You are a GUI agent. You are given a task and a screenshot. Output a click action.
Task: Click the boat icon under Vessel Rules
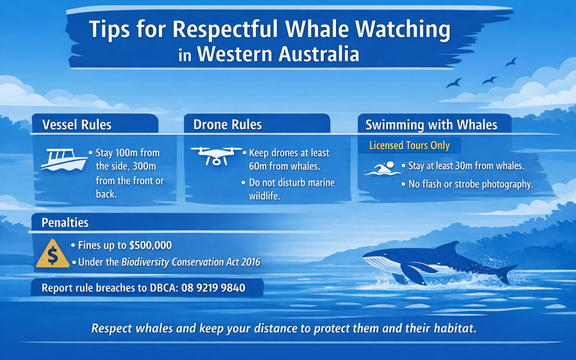64,159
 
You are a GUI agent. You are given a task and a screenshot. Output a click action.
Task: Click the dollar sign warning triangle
52,254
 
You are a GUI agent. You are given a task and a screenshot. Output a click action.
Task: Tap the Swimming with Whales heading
431,125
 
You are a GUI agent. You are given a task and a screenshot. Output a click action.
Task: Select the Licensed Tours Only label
410,146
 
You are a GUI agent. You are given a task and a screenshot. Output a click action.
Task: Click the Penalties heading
66,222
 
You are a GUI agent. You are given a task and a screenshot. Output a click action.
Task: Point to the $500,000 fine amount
150,246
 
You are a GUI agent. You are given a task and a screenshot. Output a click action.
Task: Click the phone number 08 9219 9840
213,288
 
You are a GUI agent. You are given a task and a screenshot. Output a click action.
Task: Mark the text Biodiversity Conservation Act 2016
190,262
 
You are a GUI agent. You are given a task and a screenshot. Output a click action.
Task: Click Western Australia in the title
277,54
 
